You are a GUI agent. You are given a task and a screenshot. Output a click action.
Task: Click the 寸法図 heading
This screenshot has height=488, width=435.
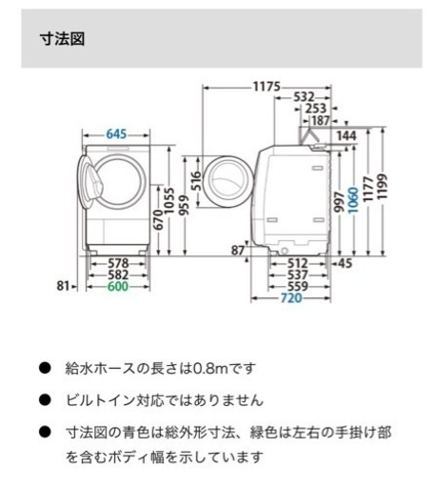62,39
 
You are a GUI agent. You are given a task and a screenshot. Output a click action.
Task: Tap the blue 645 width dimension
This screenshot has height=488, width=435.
116,134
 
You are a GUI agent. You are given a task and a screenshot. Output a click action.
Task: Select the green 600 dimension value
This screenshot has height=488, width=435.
118,286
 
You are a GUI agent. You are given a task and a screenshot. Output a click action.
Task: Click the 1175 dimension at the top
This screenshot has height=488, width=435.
267,87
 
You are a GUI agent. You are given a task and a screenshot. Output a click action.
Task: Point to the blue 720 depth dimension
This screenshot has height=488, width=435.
291,298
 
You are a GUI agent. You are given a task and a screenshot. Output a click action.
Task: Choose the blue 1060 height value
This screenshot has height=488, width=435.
353,200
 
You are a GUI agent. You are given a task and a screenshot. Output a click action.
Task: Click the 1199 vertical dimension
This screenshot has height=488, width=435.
383,187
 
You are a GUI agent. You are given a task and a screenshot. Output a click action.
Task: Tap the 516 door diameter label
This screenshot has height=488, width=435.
197,181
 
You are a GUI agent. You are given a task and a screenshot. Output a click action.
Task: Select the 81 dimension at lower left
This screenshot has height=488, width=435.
63,286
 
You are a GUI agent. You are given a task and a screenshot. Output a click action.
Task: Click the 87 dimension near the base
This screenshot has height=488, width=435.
238,251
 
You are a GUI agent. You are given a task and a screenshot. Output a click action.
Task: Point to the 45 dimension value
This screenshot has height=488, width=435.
346,263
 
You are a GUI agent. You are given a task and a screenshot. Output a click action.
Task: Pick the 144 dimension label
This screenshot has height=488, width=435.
346,136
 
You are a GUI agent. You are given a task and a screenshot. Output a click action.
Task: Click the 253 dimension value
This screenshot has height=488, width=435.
316,109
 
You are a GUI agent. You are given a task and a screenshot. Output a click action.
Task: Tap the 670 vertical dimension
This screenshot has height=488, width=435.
158,220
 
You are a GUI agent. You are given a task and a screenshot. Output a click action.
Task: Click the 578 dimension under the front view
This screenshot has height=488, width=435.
118,263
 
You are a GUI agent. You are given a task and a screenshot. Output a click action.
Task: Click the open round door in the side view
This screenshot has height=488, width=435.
227,182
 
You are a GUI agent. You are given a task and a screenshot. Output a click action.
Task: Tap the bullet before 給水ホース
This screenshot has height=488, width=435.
45,368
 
